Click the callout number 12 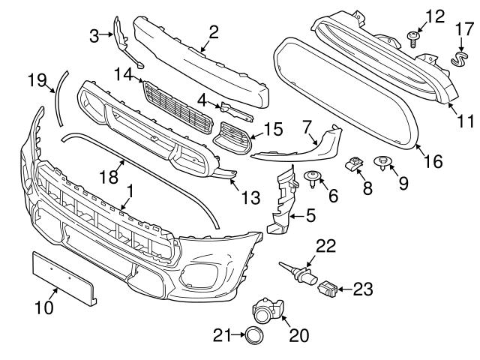pos(435,16)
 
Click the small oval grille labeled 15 pos(232,138)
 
